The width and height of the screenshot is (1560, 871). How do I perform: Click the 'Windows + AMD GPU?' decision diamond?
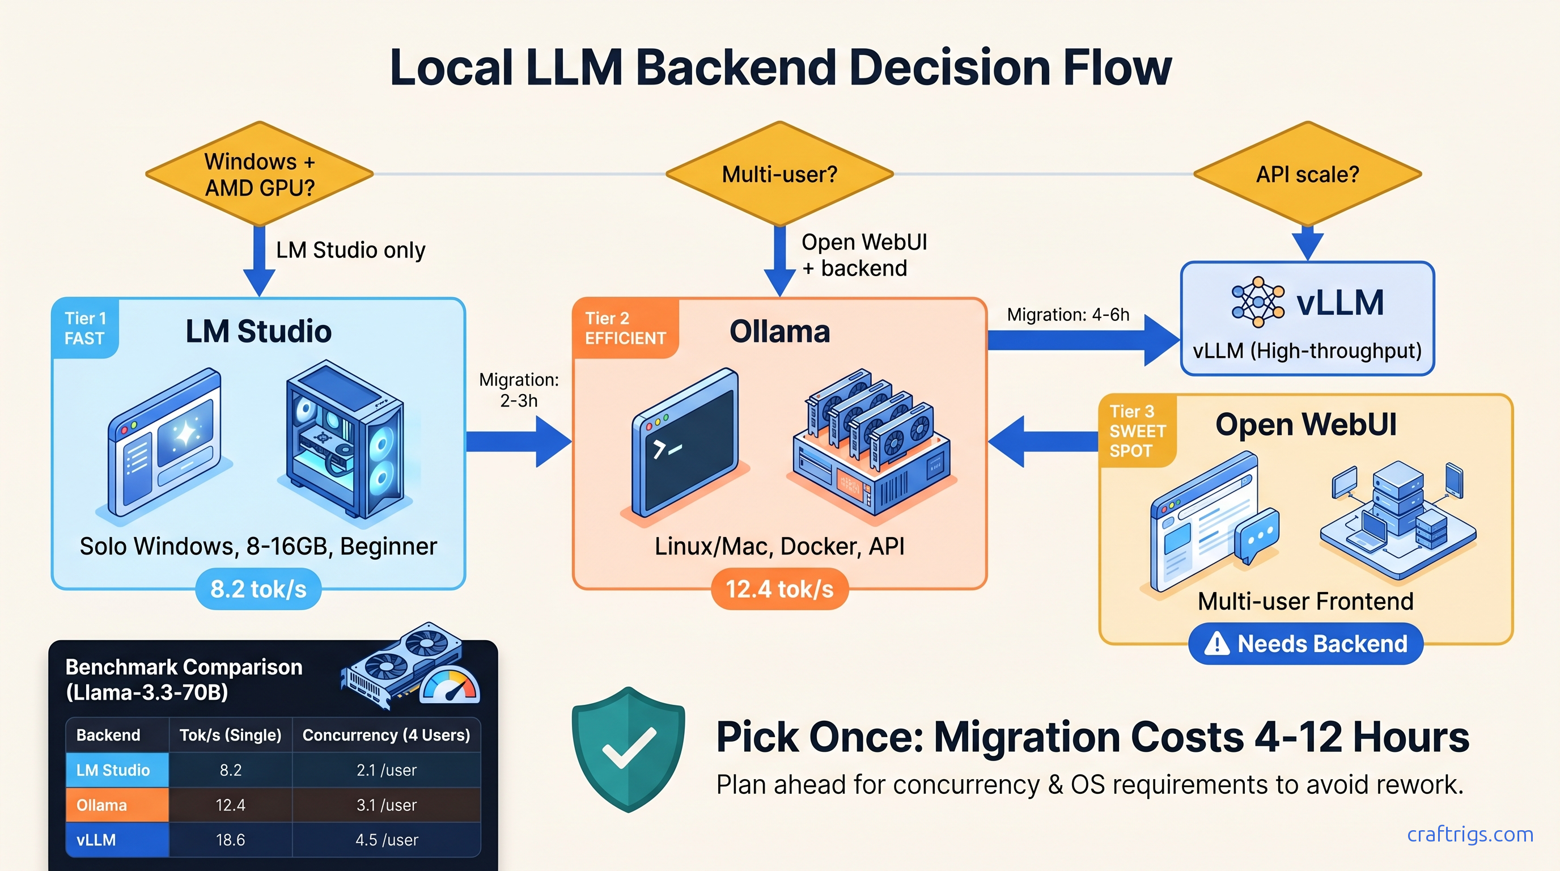(x=259, y=175)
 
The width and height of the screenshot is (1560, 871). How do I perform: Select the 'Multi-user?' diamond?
(x=779, y=175)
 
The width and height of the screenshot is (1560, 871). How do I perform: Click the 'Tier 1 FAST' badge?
(x=85, y=328)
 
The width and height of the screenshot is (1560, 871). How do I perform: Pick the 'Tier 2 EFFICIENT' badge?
(x=625, y=328)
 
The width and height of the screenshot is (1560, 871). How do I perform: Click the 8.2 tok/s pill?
(x=258, y=589)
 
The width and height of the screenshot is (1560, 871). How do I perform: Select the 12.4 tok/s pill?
(x=779, y=589)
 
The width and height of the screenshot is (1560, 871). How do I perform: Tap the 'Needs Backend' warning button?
(x=1305, y=644)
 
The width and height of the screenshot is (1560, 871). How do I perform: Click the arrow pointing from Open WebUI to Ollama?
(x=1042, y=442)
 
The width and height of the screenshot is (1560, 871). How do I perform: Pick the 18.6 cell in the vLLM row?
(x=230, y=839)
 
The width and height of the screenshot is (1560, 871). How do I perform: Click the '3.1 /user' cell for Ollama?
(x=387, y=805)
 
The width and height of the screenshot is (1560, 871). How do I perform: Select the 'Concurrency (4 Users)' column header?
(x=387, y=735)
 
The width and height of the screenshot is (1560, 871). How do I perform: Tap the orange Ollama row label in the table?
(x=117, y=805)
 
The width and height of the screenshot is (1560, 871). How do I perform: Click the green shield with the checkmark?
(x=628, y=749)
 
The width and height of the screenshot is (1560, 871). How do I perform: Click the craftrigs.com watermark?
(x=1470, y=834)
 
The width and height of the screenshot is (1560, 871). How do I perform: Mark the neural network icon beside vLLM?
(x=1257, y=302)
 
